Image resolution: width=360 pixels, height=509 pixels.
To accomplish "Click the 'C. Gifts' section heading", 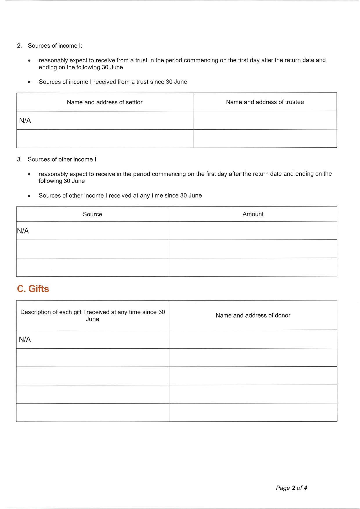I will pos(33,289).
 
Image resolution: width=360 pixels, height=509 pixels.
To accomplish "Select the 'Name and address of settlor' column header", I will pos(104,102).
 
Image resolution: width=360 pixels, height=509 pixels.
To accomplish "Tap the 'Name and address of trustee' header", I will pos(265,102).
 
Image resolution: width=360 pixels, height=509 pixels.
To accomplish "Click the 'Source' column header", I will pos(92,214).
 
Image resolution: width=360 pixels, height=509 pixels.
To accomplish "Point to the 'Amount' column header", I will pos(253,214).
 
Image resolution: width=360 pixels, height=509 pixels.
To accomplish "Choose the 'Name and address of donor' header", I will pos(253,315).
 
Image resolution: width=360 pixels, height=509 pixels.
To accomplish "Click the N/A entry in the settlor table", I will pos(25,121).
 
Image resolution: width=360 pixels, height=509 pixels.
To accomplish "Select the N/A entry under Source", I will pos(23,231).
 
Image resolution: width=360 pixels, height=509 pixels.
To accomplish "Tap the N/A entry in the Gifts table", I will pos(25,339).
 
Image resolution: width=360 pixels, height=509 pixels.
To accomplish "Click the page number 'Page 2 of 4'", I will pos(291,488).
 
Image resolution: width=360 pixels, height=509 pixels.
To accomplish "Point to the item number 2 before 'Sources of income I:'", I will pos(19,46).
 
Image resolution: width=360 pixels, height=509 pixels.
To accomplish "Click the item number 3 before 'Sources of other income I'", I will pos(19,160).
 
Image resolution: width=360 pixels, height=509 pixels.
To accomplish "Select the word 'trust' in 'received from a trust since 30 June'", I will pos(142,82).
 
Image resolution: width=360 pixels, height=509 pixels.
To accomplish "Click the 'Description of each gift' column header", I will pos(92,315).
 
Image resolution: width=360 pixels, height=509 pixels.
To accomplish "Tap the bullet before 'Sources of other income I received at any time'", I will pos(29,196).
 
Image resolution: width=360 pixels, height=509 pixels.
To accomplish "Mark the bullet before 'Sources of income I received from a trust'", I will pos(29,82).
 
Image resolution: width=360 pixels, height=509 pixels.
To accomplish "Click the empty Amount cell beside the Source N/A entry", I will pos(253,231).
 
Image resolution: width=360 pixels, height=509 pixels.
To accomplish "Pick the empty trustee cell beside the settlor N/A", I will pos(265,120).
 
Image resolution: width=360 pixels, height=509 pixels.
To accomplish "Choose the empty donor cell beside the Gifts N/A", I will pos(253,339).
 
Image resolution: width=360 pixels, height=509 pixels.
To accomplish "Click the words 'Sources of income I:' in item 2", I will pos(55,46).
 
